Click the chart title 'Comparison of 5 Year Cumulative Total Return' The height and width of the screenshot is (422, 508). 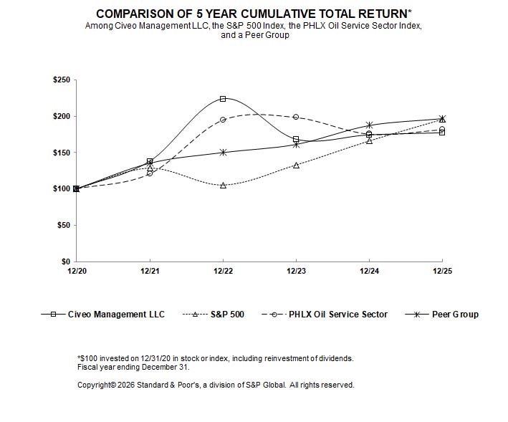pyautogui.click(x=254, y=14)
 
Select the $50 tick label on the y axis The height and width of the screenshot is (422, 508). pyautogui.click(x=63, y=225)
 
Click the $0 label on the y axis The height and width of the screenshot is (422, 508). pyautogui.click(x=65, y=262)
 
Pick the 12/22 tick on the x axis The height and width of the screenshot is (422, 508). pyautogui.click(x=223, y=271)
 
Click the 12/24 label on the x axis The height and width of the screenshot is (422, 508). pyautogui.click(x=369, y=271)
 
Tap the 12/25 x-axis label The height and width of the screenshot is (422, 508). pyautogui.click(x=442, y=271)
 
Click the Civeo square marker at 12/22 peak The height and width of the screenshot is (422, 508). pyautogui.click(x=223, y=99)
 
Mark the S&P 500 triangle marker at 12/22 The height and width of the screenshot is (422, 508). pyautogui.click(x=223, y=185)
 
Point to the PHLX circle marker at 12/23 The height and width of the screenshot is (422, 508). pyautogui.click(x=296, y=117)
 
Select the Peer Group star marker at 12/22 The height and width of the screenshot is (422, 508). pyautogui.click(x=223, y=152)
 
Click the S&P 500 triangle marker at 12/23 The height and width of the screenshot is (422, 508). pyautogui.click(x=296, y=165)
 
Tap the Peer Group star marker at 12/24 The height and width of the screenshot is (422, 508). pyautogui.click(x=369, y=125)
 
